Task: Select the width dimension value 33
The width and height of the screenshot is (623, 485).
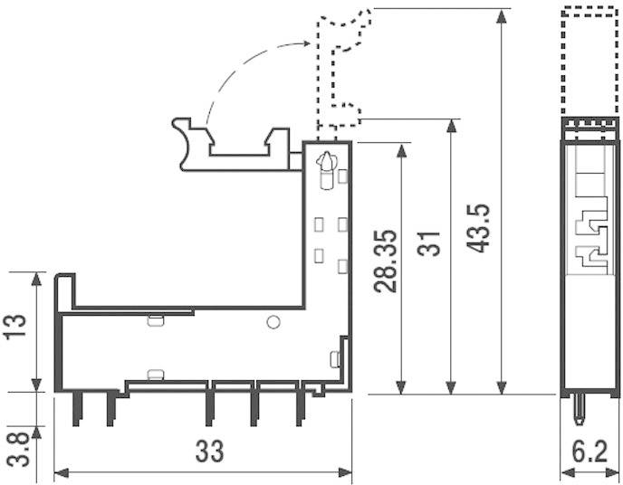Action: click(209, 450)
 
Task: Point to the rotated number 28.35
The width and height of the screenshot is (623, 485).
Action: click(386, 261)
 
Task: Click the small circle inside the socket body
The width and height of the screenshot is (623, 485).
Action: click(273, 322)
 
